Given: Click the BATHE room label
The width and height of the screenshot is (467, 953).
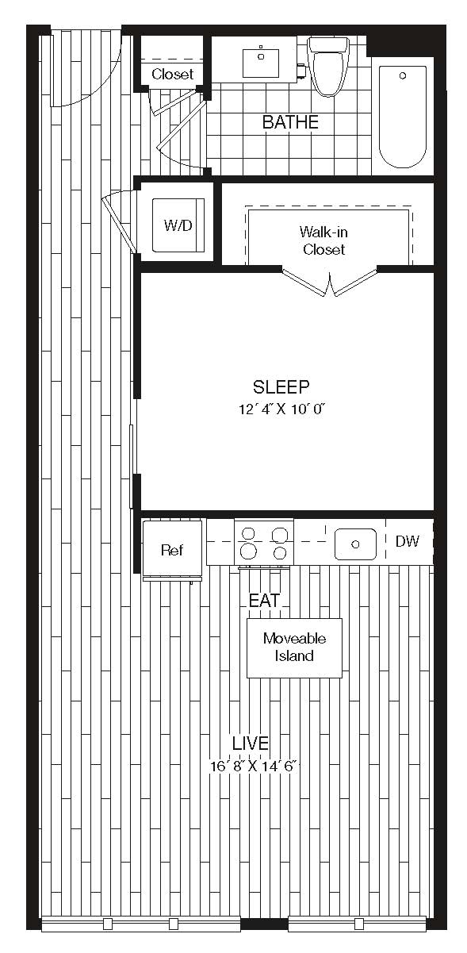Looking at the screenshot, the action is (x=290, y=122).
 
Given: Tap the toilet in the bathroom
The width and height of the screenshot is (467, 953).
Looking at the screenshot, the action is (x=328, y=66).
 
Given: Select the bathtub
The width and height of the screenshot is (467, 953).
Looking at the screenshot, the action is (x=403, y=116).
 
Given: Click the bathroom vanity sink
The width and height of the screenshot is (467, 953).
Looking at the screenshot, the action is (x=261, y=63).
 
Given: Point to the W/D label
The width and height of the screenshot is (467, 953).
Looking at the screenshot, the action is (x=178, y=225).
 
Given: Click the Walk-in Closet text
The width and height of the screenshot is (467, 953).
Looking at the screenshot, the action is (x=323, y=240).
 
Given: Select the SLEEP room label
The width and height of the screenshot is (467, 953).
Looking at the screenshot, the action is (x=281, y=386).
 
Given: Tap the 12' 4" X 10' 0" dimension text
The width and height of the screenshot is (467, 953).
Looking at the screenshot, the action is (x=281, y=409).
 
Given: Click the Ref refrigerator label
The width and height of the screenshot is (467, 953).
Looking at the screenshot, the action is (x=172, y=550).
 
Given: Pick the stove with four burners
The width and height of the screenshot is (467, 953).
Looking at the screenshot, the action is (x=264, y=543).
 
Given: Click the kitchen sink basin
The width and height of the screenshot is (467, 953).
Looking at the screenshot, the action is (x=356, y=544).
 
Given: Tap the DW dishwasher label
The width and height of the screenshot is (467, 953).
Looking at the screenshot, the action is (x=407, y=541).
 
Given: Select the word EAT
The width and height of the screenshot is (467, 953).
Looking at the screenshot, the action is (x=264, y=601).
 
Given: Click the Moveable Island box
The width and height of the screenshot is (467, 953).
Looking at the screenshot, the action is (x=294, y=648).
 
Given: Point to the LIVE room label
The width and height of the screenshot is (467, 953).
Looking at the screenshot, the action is (x=251, y=743).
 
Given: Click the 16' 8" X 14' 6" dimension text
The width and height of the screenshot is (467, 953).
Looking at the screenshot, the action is (x=253, y=767).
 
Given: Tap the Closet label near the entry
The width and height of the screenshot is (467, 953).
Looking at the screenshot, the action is (x=173, y=74).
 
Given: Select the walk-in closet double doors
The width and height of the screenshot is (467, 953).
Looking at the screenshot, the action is (x=330, y=282).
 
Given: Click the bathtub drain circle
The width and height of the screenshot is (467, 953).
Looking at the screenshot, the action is (x=403, y=75).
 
